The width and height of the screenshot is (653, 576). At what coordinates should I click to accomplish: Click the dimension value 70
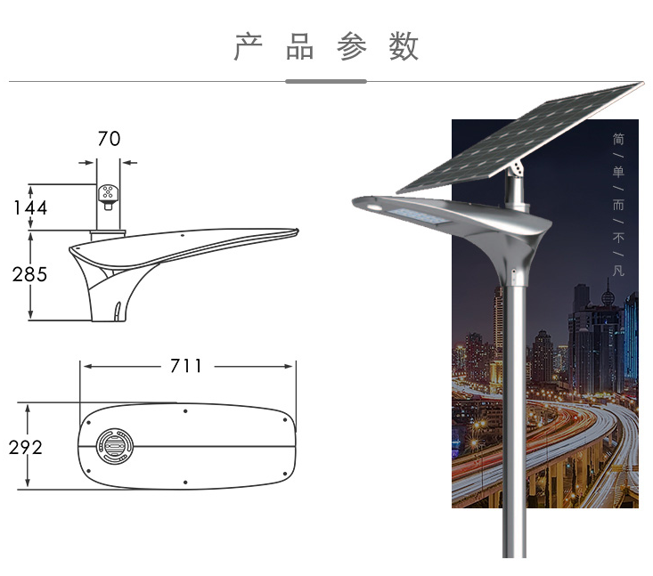tap(109, 139)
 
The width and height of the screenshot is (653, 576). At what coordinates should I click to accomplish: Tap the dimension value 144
tap(30, 207)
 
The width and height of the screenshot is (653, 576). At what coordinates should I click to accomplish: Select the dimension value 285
tap(29, 275)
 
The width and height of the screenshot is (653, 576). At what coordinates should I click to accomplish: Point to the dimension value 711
tap(186, 366)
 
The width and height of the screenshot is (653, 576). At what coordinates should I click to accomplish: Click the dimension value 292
tap(26, 448)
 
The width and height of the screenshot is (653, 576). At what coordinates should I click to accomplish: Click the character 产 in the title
tap(249, 46)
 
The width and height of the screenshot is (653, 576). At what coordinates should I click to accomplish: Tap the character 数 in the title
tap(404, 46)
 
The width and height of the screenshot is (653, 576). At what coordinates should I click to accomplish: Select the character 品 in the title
tap(300, 46)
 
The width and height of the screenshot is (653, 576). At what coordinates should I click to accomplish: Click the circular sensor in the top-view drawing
tap(115, 446)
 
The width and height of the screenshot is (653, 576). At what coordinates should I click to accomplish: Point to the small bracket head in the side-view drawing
tap(109, 197)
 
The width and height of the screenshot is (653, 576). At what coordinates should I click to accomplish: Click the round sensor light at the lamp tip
tap(372, 207)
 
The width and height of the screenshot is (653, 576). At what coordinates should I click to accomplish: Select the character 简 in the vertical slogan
tap(618, 139)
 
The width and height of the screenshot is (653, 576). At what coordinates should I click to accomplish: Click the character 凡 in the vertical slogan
tap(618, 271)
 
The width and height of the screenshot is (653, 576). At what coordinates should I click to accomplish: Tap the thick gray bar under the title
tap(326, 82)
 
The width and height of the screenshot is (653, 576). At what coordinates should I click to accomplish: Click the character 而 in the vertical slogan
tap(618, 205)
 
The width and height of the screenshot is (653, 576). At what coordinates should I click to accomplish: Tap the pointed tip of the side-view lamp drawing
tap(298, 231)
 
